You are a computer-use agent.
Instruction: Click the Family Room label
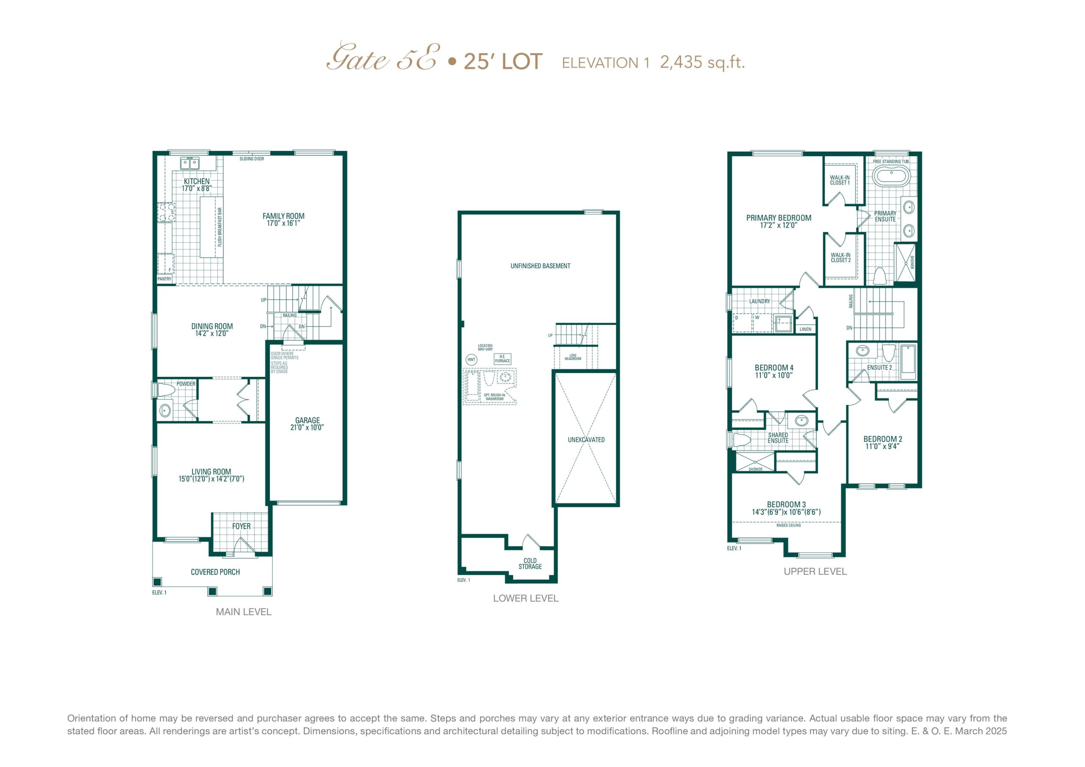[284, 216]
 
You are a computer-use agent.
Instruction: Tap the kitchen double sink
[189, 163]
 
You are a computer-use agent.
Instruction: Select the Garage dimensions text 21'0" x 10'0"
[307, 427]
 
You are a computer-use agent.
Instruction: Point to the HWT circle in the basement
[471, 360]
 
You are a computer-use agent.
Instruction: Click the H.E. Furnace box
[502, 358]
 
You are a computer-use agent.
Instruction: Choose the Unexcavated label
[586, 440]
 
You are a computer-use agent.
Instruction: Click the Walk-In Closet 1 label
[840, 180]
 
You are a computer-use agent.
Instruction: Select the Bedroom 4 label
[774, 368]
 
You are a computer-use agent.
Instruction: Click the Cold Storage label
[530, 563]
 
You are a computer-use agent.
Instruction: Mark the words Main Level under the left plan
[244, 612]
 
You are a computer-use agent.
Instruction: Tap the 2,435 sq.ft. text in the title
[702, 62]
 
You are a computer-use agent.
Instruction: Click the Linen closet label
[806, 329]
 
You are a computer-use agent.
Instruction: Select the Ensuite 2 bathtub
[908, 363]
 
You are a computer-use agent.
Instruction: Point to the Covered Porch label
[215, 572]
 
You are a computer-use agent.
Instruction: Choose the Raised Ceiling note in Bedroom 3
[789, 525]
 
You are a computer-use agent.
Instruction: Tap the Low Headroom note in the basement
[573, 357]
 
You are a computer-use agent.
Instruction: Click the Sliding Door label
[252, 159]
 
